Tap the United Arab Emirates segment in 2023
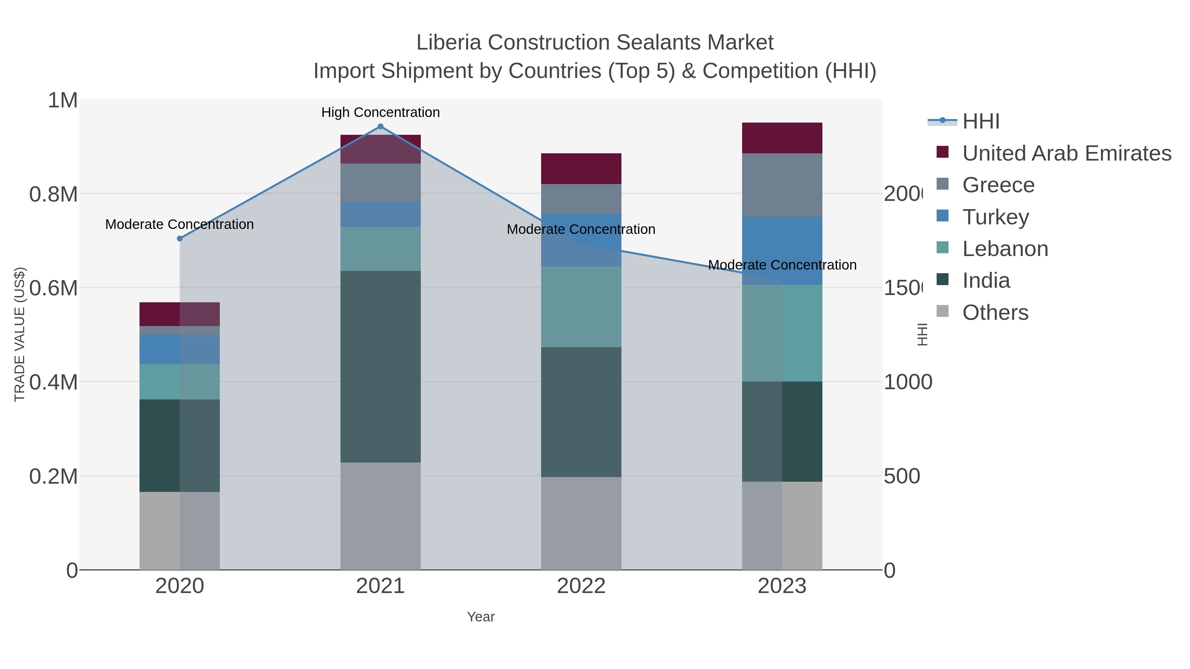coord(782,138)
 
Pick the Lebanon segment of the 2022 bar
coord(581,307)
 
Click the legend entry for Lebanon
coord(1005,249)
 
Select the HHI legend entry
coord(980,122)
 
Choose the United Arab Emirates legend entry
coord(1066,153)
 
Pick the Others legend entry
coord(995,313)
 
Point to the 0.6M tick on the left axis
coord(53,288)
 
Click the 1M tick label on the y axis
coord(62,100)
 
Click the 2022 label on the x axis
coord(581,586)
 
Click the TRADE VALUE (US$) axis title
coord(20,334)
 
